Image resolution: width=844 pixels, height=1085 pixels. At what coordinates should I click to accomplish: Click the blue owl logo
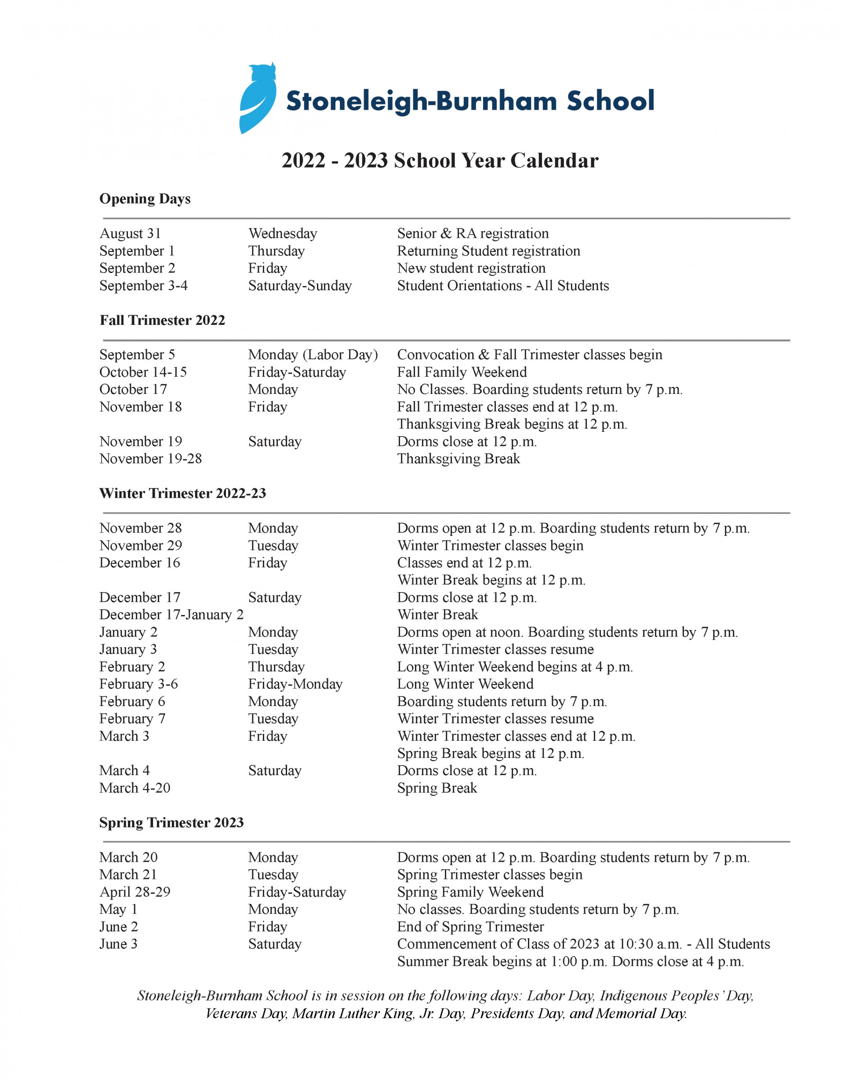[258, 98]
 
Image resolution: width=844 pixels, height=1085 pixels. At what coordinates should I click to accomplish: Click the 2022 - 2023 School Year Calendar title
[440, 160]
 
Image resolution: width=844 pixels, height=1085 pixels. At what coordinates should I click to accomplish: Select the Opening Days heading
[145, 199]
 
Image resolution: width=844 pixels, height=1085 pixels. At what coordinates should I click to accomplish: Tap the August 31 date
[130, 233]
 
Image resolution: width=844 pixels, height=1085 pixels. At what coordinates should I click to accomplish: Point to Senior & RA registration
[473, 233]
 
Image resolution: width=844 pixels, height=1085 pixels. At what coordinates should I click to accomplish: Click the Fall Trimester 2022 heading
[162, 320]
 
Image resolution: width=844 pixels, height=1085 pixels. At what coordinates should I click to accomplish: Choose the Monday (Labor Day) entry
[313, 354]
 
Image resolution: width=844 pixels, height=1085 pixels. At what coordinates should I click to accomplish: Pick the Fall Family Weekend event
[462, 371]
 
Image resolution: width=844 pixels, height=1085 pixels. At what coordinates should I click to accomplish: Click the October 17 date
[133, 389]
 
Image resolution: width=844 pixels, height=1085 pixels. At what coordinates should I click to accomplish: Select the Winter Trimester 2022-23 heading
[182, 493]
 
